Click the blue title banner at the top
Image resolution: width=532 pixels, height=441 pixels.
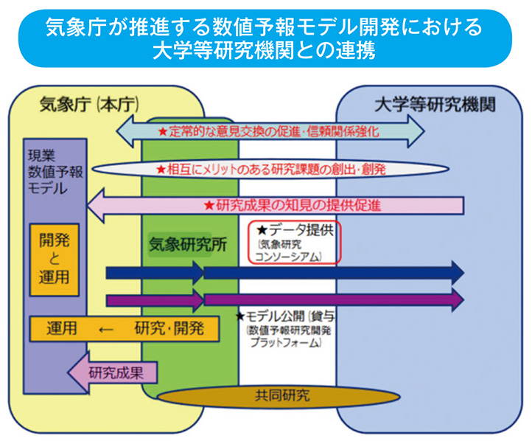coord(265,38)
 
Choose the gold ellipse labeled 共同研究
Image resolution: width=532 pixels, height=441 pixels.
coord(266,395)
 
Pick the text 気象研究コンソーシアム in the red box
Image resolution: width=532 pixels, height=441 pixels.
coord(291,250)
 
